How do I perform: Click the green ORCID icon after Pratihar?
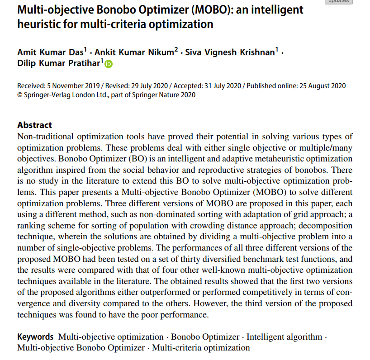click(x=109, y=64)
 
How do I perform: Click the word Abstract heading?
click(x=34, y=125)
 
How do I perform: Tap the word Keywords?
click(x=35, y=337)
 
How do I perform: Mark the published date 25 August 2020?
click(x=321, y=86)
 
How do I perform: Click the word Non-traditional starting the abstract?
click(x=42, y=137)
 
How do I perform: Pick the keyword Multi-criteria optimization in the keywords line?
click(x=201, y=348)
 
